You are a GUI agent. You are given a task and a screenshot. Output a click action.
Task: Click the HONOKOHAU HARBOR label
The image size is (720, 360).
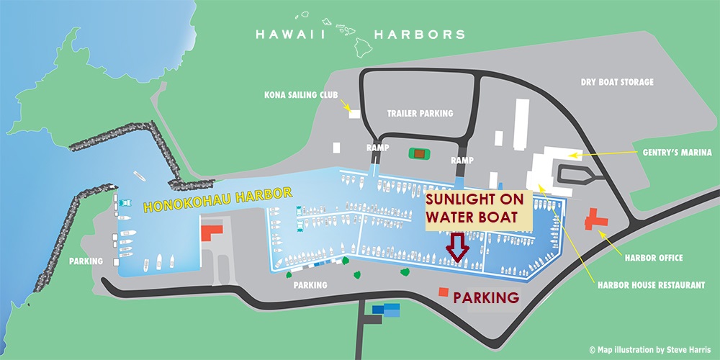tap(217, 199)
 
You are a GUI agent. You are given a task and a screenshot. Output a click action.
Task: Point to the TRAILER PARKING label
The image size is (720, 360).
tap(420, 113)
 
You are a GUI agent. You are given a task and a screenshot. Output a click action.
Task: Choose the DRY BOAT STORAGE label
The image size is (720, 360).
tap(617, 83)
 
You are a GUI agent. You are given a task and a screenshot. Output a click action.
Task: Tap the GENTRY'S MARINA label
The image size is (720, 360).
tap(678, 153)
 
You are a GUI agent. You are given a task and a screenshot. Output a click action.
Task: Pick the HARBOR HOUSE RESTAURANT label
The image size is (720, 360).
tap(651, 285)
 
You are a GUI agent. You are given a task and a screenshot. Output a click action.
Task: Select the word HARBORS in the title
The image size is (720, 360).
tap(418, 34)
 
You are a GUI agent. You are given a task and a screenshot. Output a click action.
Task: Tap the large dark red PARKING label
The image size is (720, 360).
tap(486, 297)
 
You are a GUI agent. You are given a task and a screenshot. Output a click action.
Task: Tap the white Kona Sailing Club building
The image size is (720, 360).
tap(354, 113)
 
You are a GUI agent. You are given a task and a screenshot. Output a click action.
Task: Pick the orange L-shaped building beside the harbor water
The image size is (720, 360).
tap(212, 233)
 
